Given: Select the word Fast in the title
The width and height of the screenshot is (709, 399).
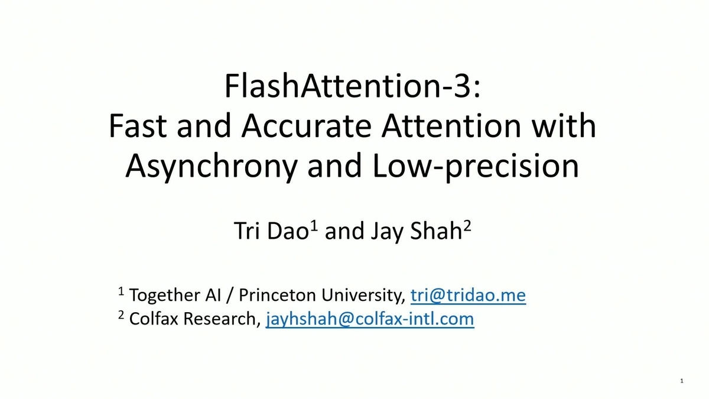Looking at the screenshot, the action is pyautogui.click(x=138, y=126).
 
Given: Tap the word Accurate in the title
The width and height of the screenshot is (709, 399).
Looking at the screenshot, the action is pyautogui.click(x=306, y=126).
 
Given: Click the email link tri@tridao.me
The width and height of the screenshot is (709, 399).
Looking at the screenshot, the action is pyautogui.click(x=468, y=295).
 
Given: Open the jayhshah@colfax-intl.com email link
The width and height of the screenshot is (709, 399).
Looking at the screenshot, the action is pyautogui.click(x=370, y=319).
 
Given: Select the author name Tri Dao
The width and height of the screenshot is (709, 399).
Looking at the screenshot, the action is pyautogui.click(x=271, y=231).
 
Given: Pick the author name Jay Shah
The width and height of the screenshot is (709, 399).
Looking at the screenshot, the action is pyautogui.click(x=417, y=231).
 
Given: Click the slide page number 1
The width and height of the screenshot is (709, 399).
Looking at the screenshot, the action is pyautogui.click(x=682, y=381).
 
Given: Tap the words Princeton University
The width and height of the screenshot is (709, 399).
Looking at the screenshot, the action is pyautogui.click(x=322, y=295).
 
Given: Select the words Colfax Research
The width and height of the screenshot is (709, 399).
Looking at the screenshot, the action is pyautogui.click(x=194, y=319).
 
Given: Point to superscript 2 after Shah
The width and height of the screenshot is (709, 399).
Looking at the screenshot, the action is pyautogui.click(x=467, y=226).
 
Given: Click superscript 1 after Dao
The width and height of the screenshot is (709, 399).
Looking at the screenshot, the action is pyautogui.click(x=314, y=226).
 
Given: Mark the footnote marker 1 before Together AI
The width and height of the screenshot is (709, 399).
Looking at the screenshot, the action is pyautogui.click(x=121, y=291).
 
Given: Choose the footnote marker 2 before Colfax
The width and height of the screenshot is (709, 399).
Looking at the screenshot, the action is pyautogui.click(x=121, y=314).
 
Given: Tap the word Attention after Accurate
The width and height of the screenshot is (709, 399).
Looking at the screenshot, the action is pyautogui.click(x=451, y=126).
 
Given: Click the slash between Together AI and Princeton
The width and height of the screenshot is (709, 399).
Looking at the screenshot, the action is pyautogui.click(x=230, y=296).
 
